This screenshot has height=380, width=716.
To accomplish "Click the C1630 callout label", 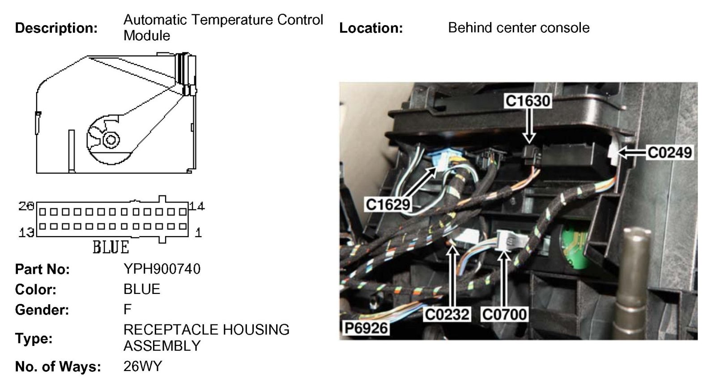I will [x=528, y=101].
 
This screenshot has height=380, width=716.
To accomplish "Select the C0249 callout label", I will [x=670, y=152].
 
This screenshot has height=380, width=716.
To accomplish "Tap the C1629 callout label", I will [x=388, y=204].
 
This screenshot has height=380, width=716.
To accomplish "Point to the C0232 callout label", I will [x=447, y=314].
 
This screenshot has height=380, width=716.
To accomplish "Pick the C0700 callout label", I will [x=504, y=314].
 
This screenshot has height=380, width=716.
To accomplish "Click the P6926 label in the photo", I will [x=366, y=328].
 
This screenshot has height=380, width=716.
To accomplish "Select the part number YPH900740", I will [x=162, y=269].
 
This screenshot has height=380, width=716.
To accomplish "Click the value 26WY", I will [x=142, y=367].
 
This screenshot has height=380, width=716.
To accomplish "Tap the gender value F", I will [x=128, y=310].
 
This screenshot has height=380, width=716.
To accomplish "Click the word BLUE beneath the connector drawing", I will [x=111, y=247].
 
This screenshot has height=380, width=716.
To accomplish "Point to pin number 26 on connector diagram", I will [x=26, y=206].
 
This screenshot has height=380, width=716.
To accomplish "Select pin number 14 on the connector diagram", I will [x=196, y=206].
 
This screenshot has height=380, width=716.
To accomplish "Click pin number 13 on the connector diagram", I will [x=26, y=232].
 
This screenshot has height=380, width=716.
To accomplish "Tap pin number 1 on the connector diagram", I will [x=198, y=232].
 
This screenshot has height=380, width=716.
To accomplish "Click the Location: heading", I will [x=371, y=28].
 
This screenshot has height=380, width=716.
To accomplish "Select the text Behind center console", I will [x=518, y=28].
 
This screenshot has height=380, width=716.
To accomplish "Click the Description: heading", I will [x=56, y=28].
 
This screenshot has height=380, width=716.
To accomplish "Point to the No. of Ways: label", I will [x=58, y=367].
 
